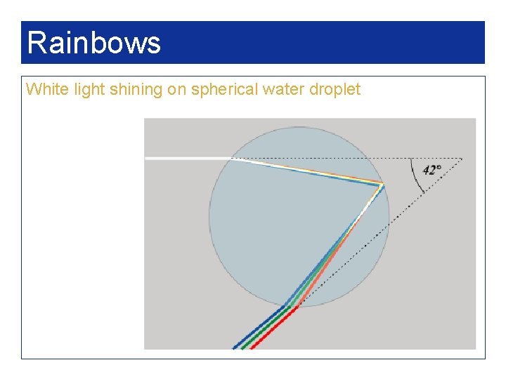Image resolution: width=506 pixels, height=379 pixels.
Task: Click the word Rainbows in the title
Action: click(93, 43)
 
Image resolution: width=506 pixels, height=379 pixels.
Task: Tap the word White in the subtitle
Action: click(42, 89)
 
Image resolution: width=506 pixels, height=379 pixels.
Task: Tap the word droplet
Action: click(331, 89)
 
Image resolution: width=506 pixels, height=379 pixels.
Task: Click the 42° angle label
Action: click(432, 170)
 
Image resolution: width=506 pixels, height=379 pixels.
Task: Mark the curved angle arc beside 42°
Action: click(414, 175)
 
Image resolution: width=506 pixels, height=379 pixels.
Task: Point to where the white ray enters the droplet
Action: click(232, 159)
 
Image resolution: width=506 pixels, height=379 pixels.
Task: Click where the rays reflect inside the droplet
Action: click(382, 185)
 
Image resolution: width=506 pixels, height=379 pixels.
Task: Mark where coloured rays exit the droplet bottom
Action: click(291, 306)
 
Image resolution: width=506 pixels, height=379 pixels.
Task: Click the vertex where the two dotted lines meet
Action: click(462, 159)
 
